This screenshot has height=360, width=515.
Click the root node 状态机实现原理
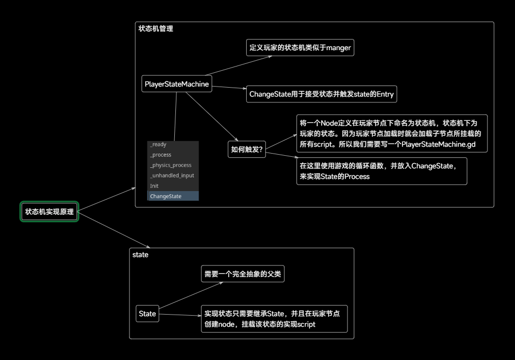click(x=49, y=212)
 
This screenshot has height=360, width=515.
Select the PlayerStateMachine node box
click(x=177, y=84)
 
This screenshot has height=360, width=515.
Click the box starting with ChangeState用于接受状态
click(x=321, y=94)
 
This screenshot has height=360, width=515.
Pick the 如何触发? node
click(x=247, y=149)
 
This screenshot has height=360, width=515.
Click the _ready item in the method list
click(x=158, y=145)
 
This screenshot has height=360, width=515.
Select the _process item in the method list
click(x=161, y=155)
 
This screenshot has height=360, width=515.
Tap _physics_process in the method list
click(x=170, y=165)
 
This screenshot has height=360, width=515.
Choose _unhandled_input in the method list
click(x=172, y=175)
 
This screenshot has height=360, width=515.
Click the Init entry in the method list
click(x=154, y=186)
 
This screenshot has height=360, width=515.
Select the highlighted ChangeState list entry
click(x=165, y=196)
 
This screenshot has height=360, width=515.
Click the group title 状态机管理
click(x=155, y=29)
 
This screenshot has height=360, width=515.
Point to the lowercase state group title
click(x=140, y=255)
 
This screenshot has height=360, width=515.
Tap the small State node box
click(x=147, y=314)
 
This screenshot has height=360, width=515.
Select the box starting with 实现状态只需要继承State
click(x=274, y=319)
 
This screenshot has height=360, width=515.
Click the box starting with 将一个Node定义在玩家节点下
click(x=391, y=134)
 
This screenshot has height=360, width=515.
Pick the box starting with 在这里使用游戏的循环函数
click(x=381, y=171)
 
